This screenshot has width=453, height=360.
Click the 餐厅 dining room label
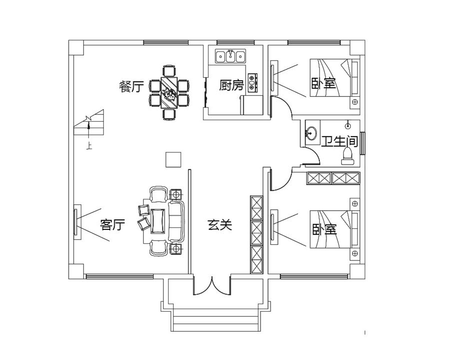coord(131,87)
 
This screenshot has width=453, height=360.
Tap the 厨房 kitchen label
coord(231,85)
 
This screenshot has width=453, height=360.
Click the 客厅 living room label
coord(112,225)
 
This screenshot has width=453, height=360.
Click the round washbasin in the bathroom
coord(311,133)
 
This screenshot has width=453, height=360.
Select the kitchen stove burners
coord(252,83)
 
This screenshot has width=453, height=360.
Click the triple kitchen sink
coord(230,56)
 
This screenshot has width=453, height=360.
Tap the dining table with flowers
coord(169,93)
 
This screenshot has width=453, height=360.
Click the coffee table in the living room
coord(158,221)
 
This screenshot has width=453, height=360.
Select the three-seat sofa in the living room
coord(177,221)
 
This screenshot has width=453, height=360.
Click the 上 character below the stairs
coord(89,146)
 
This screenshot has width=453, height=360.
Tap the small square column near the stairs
coord(173,160)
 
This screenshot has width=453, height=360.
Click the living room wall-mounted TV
coord(75,222)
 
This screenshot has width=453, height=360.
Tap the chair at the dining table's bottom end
coord(169,114)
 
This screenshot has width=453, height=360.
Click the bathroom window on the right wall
coord(362,143)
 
